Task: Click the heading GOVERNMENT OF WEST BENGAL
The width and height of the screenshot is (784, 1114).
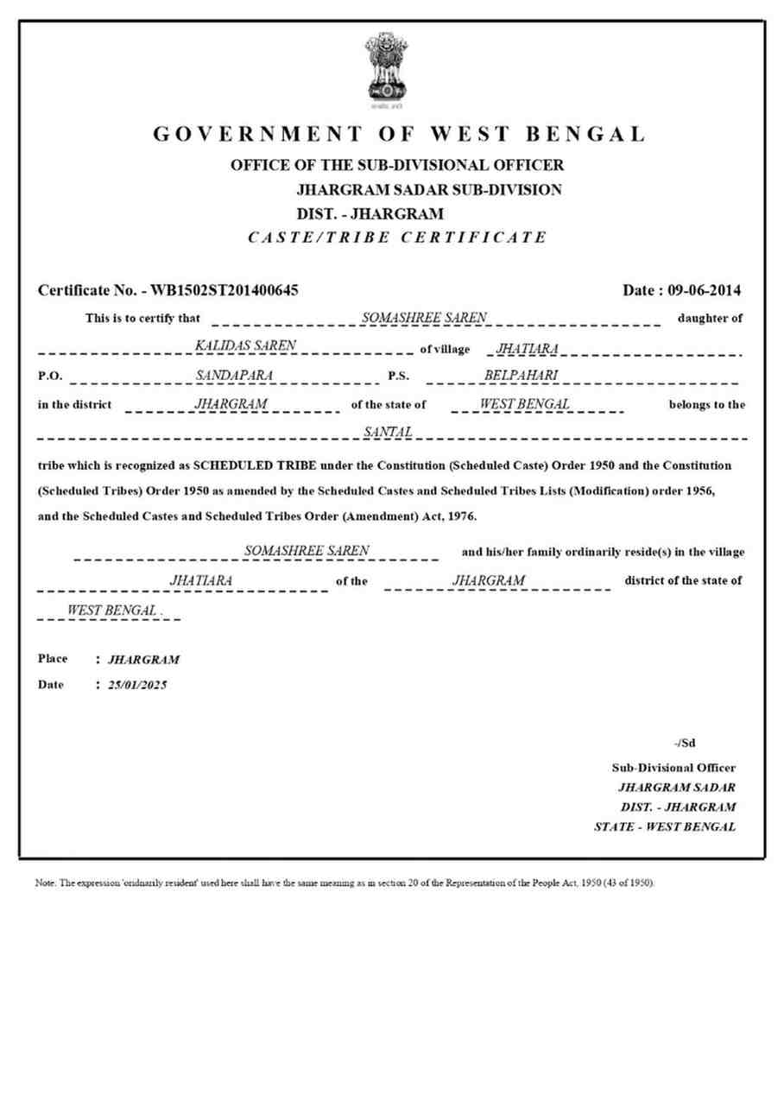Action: click(x=400, y=135)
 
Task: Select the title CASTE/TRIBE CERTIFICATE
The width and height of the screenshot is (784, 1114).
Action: click(x=397, y=237)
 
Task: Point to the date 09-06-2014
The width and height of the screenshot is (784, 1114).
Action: click(x=705, y=290)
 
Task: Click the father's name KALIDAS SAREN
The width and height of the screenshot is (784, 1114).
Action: click(x=246, y=345)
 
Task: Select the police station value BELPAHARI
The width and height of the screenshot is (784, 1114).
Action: click(x=522, y=375)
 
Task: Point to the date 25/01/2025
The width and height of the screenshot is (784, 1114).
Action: click(x=137, y=685)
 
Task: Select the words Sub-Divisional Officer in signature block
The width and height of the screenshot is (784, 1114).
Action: click(x=673, y=767)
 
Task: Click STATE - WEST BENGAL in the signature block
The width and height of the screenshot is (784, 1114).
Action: click(x=665, y=827)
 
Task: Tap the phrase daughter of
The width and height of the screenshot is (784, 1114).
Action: click(x=710, y=319)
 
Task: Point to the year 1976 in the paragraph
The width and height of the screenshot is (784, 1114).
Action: click(x=460, y=517)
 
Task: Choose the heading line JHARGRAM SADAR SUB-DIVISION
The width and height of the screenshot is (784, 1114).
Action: click(x=429, y=189)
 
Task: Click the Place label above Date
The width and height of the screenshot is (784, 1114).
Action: click(x=53, y=659)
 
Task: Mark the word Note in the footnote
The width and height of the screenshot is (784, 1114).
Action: click(x=44, y=884)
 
